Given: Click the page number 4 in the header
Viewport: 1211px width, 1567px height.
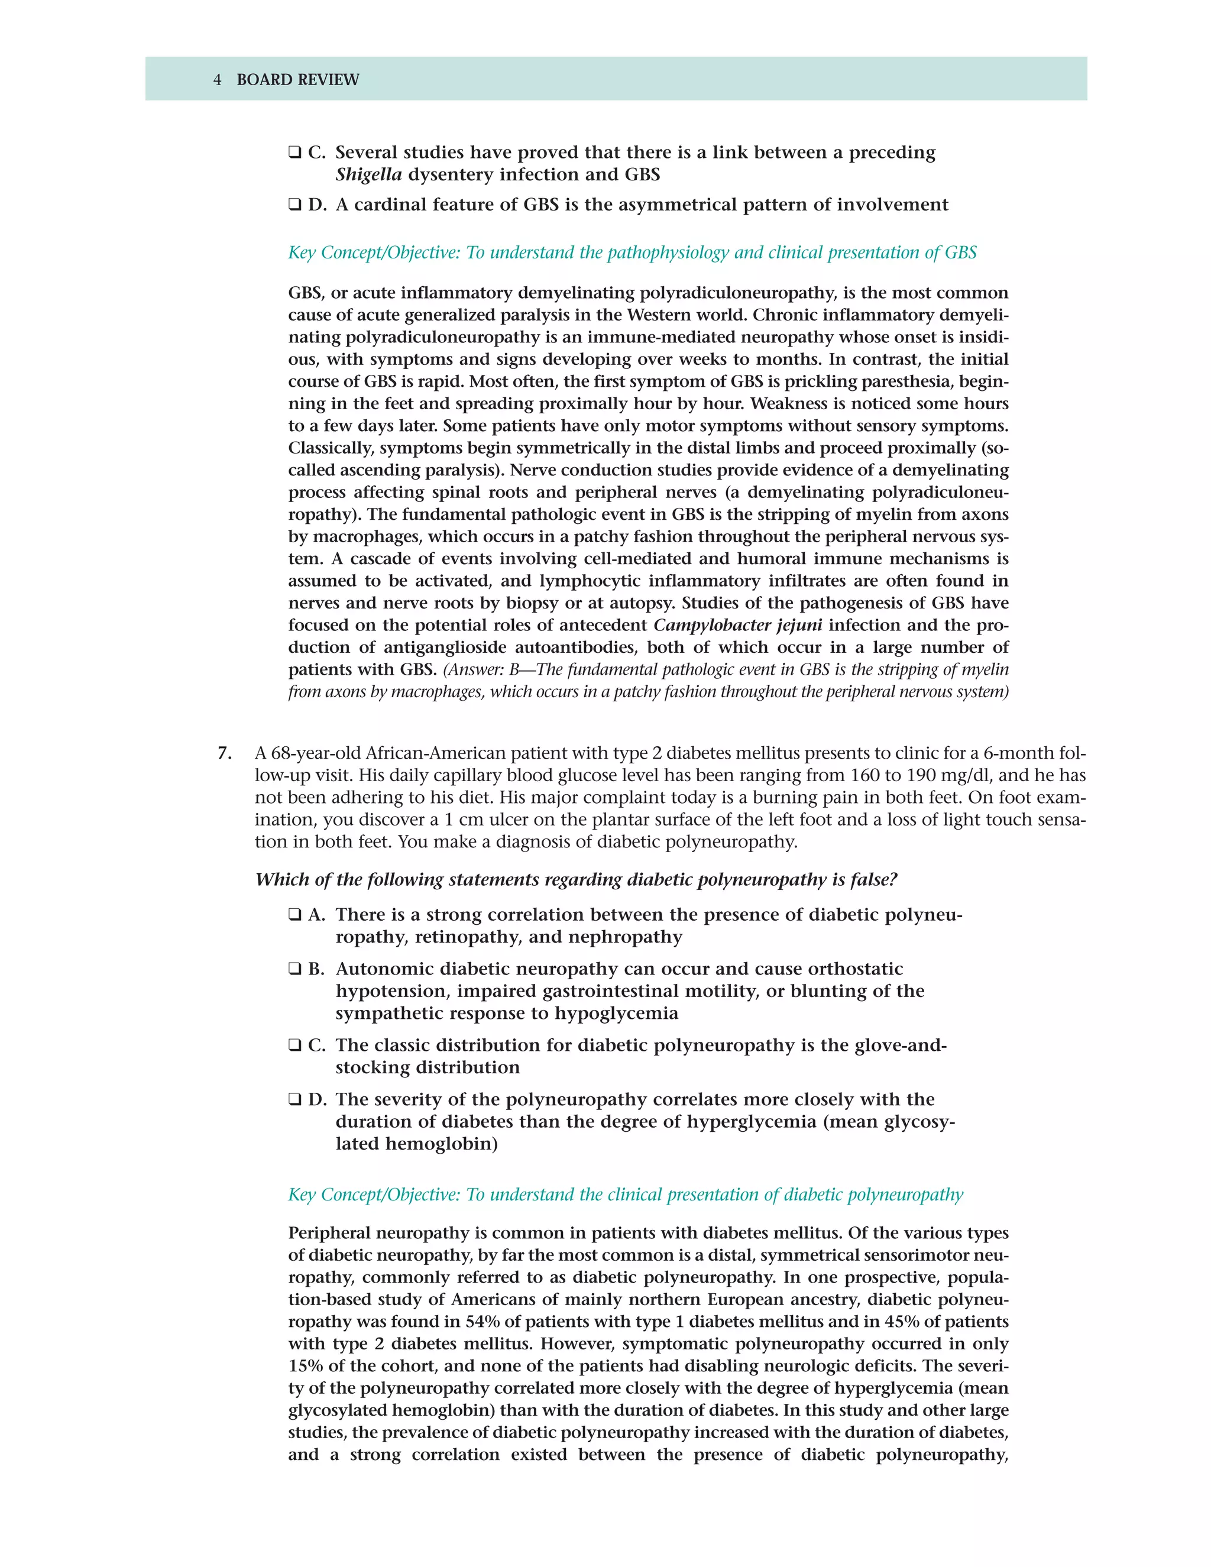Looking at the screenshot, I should point(218,80).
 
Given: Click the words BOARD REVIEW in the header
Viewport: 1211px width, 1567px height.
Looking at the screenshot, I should point(298,80).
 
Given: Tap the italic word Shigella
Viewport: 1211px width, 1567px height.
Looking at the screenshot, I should point(368,174).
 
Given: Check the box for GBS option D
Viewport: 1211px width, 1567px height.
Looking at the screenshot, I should point(294,205).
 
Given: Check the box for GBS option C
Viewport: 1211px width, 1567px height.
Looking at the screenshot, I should point(294,153).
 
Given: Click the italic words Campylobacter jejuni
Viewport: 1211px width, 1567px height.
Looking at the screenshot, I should point(737,625).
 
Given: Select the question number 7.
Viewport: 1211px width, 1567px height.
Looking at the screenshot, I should point(225,753).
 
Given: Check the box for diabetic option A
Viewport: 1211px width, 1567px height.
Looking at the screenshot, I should point(294,915).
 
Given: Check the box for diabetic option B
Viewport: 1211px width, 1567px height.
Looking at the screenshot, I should point(294,969).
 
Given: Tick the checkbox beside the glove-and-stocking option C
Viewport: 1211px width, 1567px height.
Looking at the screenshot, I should point(294,1045).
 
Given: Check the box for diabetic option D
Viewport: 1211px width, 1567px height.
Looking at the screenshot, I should point(294,1100).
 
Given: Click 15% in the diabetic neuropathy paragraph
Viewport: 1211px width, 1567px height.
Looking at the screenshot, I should point(305,1366).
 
